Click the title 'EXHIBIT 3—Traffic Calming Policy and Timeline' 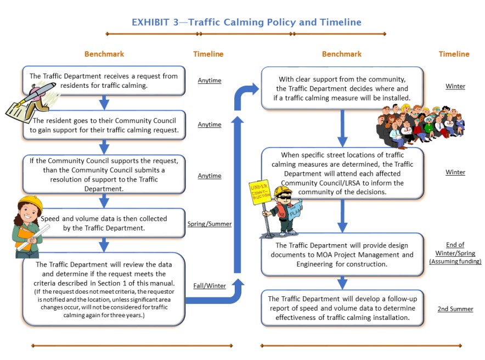tap(246, 22)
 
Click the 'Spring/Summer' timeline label tap(209, 224)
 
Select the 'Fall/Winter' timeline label tap(209, 285)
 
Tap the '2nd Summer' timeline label tap(455, 309)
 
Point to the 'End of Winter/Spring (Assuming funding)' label tap(455, 253)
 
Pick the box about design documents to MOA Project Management tap(342, 254)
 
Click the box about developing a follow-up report tap(342, 308)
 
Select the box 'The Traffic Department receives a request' tap(104, 80)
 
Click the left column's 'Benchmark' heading tap(104, 54)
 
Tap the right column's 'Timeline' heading tap(454, 54)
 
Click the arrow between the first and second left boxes tap(104, 102)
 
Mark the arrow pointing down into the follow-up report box tap(342, 283)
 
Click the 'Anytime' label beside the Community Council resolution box tap(209, 176)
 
